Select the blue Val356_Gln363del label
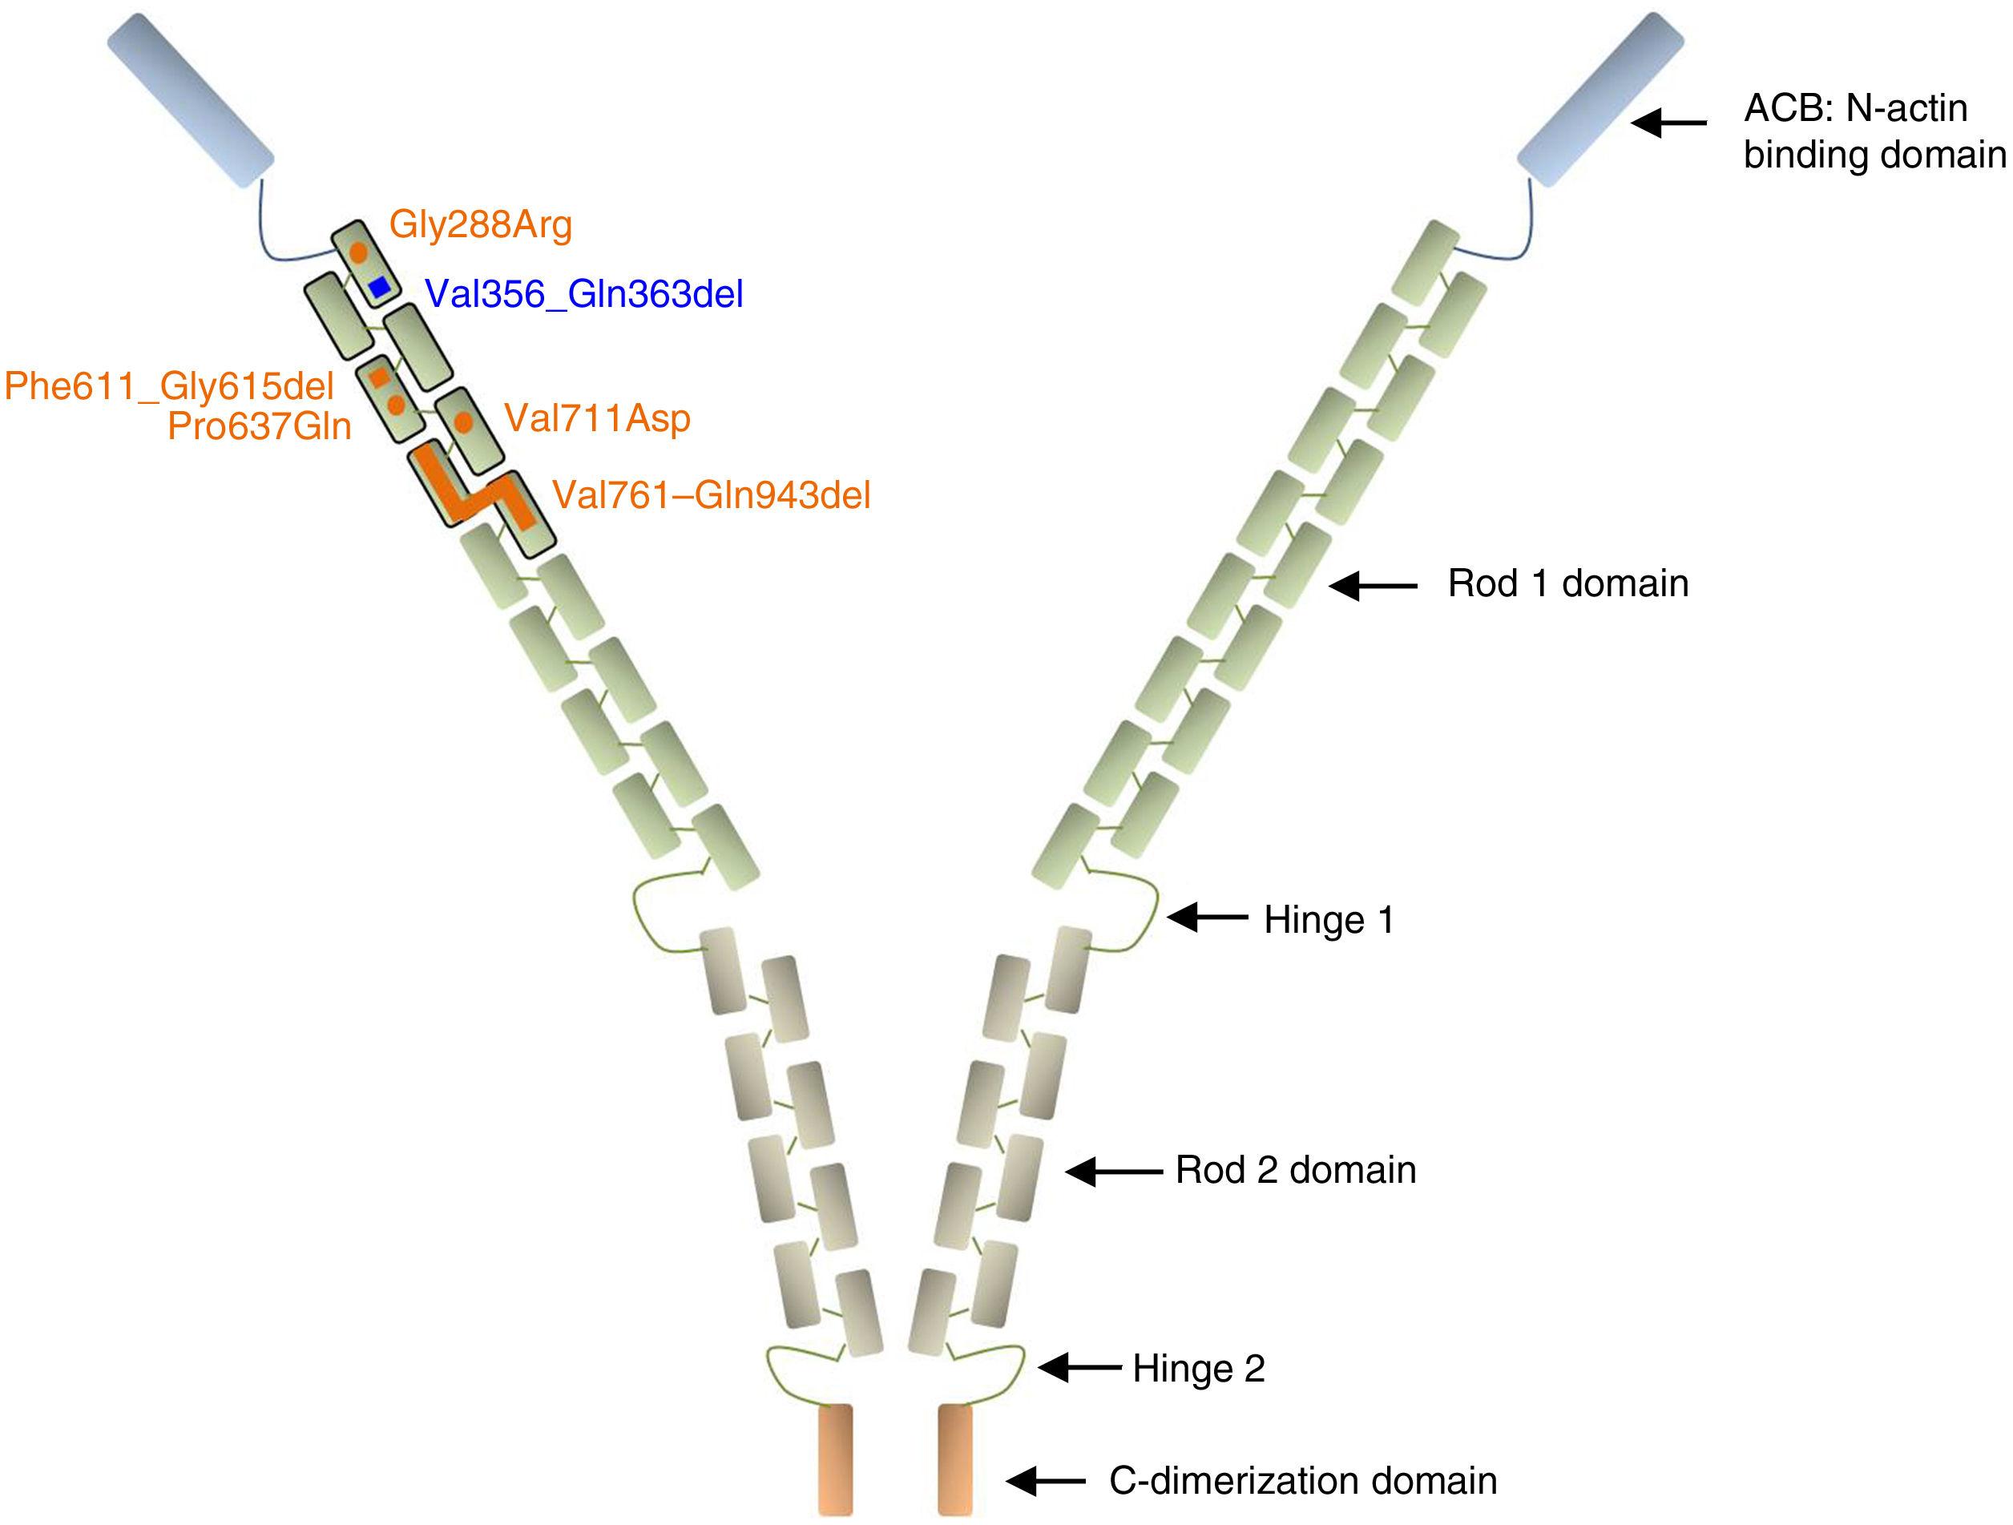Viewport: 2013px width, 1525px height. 584,294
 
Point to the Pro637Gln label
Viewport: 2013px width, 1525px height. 260,426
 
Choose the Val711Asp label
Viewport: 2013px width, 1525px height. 597,418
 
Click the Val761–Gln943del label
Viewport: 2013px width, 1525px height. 712,495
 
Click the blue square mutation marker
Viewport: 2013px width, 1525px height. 380,288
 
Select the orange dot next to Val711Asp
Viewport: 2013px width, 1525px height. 463,422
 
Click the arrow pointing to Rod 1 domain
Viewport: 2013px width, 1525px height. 1374,586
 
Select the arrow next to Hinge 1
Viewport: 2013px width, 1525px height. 1208,918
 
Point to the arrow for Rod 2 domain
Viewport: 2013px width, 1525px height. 1114,1172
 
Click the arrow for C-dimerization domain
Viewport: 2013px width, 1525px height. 1046,1480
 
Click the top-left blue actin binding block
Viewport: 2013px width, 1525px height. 190,100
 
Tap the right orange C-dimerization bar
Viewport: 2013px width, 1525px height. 954,1458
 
